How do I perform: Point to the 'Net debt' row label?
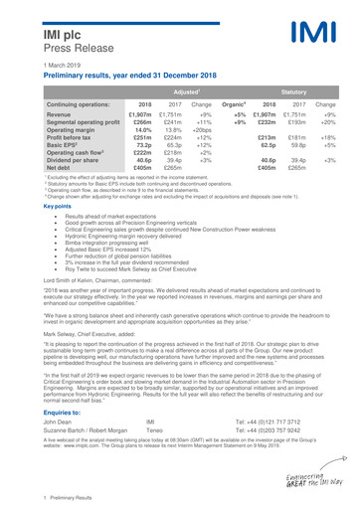tap(34, 167)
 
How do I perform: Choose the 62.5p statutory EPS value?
tap(266, 144)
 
